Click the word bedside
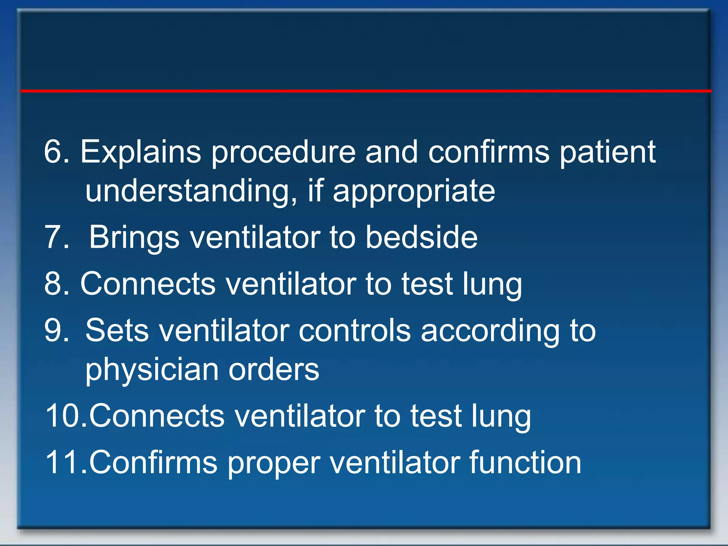click(422, 237)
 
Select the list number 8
click(57, 283)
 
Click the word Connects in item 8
click(148, 283)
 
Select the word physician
click(152, 370)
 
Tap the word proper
click(274, 463)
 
